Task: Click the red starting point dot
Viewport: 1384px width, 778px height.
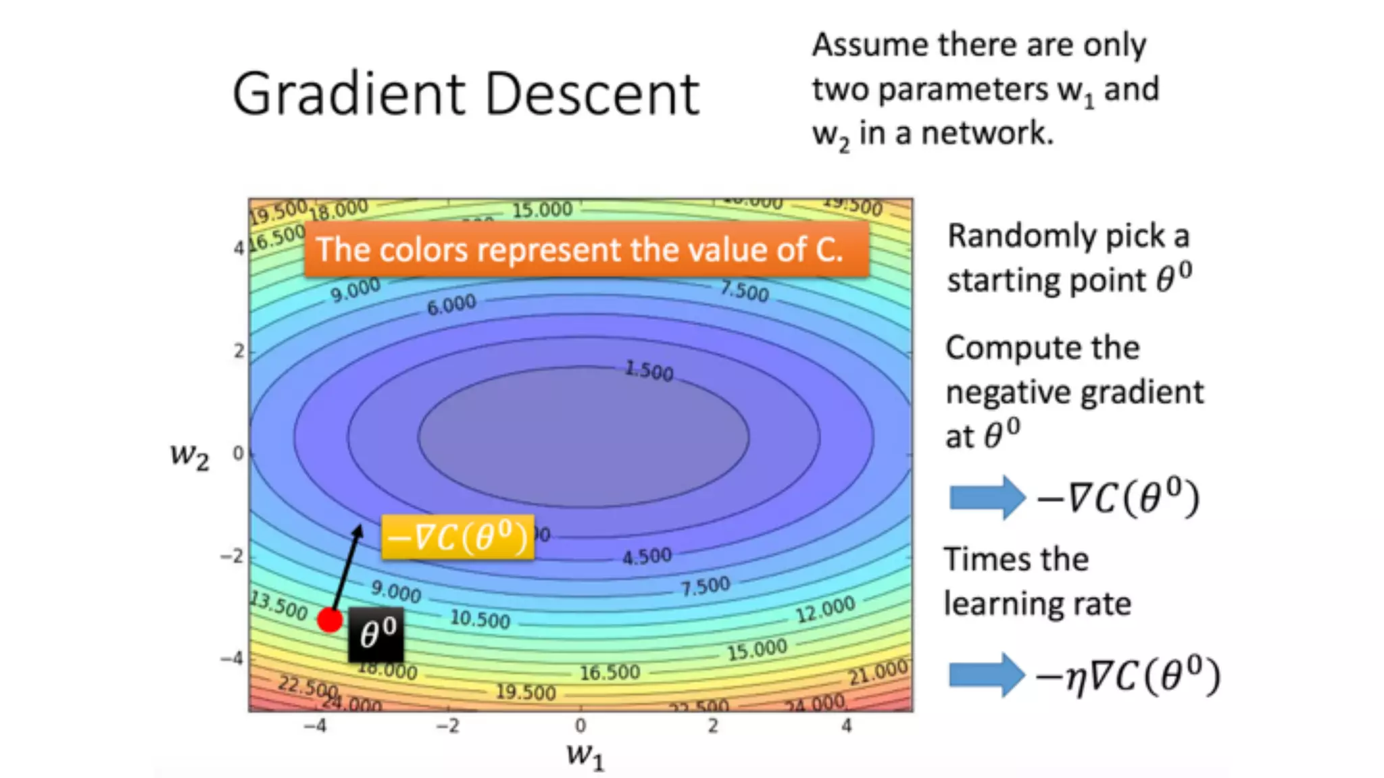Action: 330,619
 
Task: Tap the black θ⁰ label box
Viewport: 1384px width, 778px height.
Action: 376,635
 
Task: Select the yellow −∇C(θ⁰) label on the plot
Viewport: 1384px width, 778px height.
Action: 458,538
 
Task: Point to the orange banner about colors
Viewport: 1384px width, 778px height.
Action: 586,249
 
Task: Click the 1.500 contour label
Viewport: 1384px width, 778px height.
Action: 649,370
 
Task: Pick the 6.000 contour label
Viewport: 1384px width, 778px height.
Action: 451,305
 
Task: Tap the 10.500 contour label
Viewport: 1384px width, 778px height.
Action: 480,619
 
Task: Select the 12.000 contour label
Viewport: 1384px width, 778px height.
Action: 824,610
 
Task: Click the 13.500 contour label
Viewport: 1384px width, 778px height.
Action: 278,605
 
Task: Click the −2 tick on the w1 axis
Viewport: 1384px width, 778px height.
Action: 447,726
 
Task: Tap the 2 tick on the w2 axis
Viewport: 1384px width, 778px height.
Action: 239,351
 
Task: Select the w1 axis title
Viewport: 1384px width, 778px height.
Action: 585,754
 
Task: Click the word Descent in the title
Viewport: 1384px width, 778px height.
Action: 592,94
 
